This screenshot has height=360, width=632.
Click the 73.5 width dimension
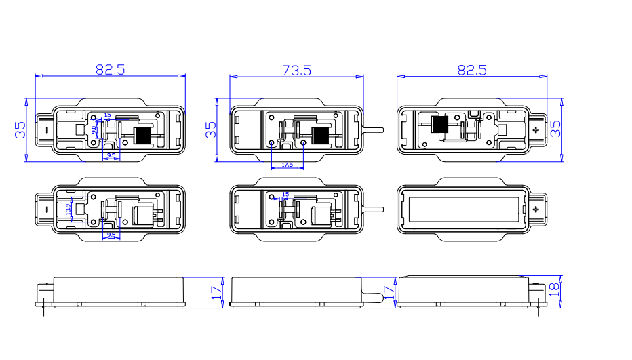[x=297, y=69]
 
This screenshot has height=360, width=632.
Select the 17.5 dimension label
[x=287, y=165]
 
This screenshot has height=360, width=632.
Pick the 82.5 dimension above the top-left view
[x=110, y=69]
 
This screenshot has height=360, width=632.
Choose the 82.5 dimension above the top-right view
[x=472, y=69]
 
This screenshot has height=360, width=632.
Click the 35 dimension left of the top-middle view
[x=211, y=129]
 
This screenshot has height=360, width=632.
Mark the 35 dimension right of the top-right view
[x=556, y=129]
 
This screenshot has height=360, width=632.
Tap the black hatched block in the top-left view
[x=142, y=135]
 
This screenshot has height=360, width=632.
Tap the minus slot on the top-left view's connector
[x=45, y=129]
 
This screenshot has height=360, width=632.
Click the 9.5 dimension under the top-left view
[x=111, y=156]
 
